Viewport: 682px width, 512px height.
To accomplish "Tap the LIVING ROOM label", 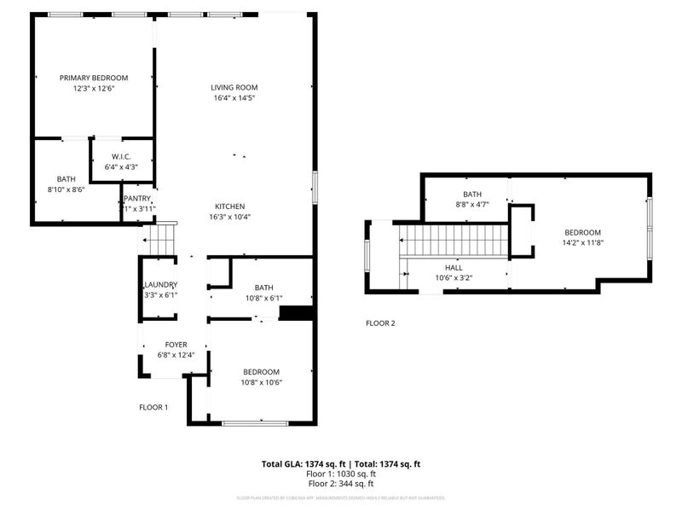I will coord(234,87).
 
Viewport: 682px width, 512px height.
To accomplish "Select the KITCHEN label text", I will coord(230,207).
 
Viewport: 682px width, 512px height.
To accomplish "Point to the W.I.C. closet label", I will coord(121,157).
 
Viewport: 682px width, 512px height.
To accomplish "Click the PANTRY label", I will coord(137,199).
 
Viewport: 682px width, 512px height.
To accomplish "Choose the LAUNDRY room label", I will coord(159,285).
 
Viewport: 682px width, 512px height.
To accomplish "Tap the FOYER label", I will coord(176,345).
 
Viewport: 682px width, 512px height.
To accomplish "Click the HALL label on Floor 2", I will coord(454,267).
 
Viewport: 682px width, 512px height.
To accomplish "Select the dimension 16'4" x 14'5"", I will coord(234,98).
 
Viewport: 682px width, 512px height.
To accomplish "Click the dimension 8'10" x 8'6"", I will coord(66,189).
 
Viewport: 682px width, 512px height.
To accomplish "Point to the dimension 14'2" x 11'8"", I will coord(582,243).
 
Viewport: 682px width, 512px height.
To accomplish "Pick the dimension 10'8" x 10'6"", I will coord(262,382).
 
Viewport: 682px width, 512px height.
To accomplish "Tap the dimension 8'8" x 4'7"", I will coord(472,205).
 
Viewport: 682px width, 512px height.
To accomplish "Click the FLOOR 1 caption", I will coord(153,407).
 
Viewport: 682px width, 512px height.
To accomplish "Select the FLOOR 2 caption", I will coord(380,323).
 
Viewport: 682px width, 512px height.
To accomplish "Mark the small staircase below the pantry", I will coord(161,239).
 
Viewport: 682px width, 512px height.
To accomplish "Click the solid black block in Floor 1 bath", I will coord(296,313).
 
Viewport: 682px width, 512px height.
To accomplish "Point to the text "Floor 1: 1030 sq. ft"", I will coord(341,474).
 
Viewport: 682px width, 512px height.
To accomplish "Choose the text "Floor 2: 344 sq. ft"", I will coord(341,483).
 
